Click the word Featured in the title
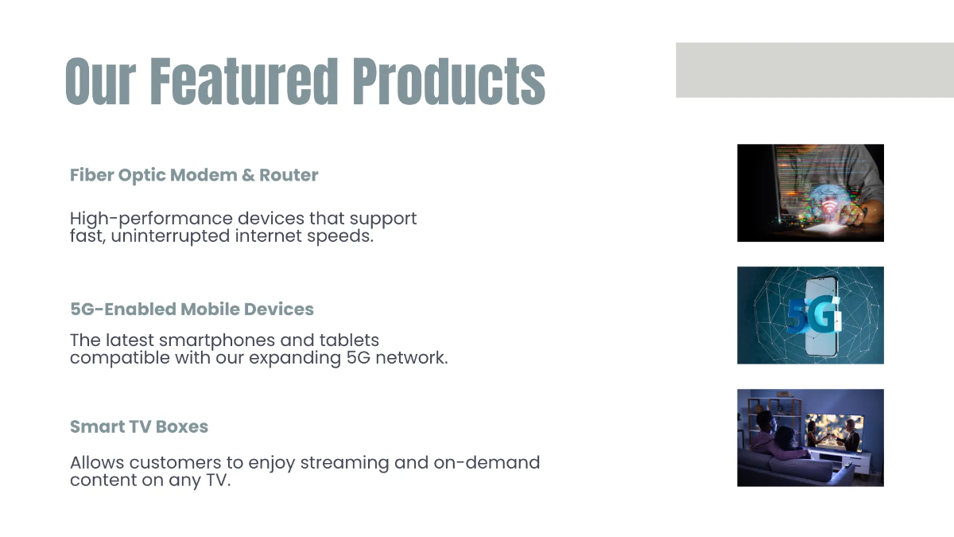pos(244,81)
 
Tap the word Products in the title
pos(448,81)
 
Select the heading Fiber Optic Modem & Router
pos(194,175)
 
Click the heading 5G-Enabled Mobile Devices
pos(192,309)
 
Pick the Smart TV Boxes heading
pos(139,426)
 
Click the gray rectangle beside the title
pos(814,70)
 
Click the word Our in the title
pos(100,81)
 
